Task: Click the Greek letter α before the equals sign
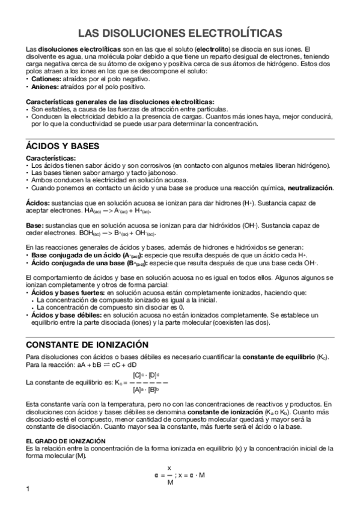(x=156, y=475)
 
